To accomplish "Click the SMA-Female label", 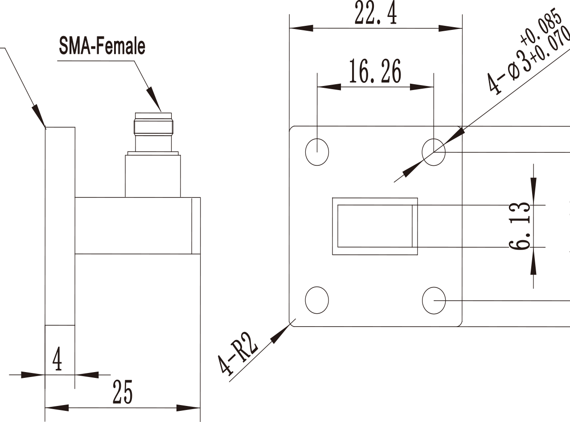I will point(102,46).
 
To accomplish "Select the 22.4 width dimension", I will point(376,13).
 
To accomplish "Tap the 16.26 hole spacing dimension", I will point(375,71).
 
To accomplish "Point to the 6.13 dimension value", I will point(520,226).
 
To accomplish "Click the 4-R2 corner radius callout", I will point(237,359).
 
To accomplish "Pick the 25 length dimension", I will point(123,392).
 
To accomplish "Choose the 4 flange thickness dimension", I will point(57,358).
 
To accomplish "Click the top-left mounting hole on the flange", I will point(317,152).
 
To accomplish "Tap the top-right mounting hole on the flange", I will point(434,152).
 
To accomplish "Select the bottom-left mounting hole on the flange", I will point(317,300).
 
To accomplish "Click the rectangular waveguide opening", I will point(375,226).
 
